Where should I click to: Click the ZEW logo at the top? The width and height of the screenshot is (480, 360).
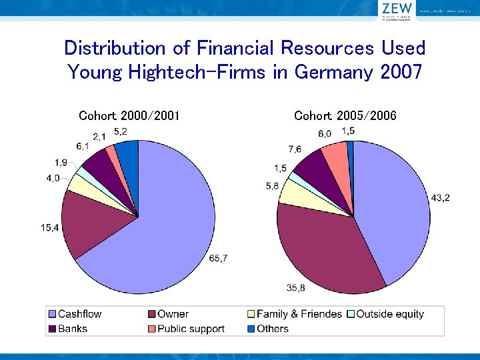(396, 9)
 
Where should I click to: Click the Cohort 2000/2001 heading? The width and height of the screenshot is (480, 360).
(129, 116)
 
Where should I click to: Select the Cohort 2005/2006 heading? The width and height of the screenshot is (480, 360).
(345, 116)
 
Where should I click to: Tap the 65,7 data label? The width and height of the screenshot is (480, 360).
(217, 258)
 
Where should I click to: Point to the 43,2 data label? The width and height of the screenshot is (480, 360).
(440, 198)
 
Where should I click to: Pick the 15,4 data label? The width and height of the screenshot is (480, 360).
(51, 227)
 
